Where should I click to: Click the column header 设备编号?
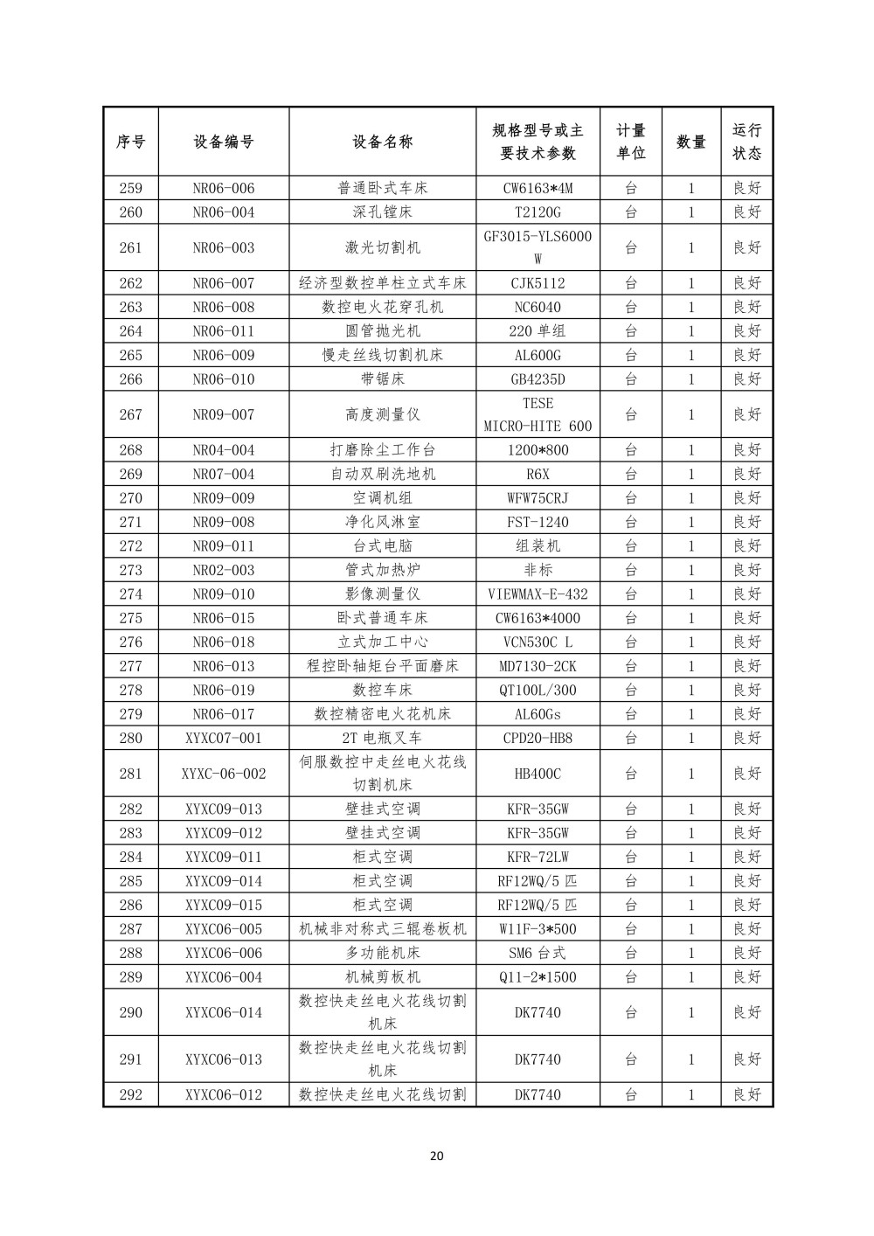tap(224, 142)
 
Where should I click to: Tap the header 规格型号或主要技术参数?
tap(538, 142)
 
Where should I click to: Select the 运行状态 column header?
tap(746, 142)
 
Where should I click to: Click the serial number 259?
tap(130, 188)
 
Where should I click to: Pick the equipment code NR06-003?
tap(224, 247)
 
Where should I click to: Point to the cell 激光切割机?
tap(383, 247)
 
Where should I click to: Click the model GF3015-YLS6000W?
tap(538, 247)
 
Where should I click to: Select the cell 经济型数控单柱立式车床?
tap(383, 283)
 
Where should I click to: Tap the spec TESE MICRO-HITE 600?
tap(538, 414)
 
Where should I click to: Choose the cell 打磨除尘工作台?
tap(383, 450)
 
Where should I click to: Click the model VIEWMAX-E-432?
tap(538, 594)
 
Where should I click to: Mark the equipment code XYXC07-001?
tap(224, 738)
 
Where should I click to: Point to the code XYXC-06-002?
tap(224, 774)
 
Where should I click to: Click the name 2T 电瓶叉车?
tap(383, 738)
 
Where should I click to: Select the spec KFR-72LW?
tap(538, 858)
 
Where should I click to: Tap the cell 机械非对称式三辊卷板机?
tap(383, 929)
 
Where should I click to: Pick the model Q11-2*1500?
tap(538, 977)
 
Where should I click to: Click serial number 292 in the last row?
tap(130, 1094)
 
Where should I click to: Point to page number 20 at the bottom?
tap(437, 1156)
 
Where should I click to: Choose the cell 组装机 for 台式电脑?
tap(538, 546)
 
